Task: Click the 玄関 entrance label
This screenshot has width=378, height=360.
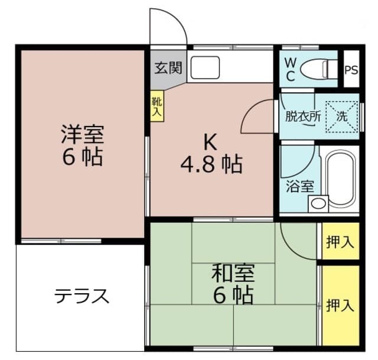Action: coord(168,68)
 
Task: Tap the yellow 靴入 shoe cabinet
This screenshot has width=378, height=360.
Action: coord(157,106)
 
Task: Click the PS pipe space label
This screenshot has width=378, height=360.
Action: coord(351,70)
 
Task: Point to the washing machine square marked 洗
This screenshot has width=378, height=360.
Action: coord(342,117)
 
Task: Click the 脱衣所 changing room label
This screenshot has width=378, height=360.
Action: coord(303,117)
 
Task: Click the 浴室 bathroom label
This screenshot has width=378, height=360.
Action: coord(300,187)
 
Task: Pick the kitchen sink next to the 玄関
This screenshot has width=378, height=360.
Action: coord(205,67)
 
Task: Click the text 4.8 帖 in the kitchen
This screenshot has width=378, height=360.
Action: coord(211,164)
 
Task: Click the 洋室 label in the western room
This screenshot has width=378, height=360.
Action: coord(83,134)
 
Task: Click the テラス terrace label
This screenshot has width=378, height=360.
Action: coord(82,296)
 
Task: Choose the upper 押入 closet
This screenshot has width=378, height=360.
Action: coord(340,241)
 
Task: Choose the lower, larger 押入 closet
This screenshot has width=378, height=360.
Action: coord(340,306)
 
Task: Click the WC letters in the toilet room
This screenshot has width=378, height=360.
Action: coord(291,70)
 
